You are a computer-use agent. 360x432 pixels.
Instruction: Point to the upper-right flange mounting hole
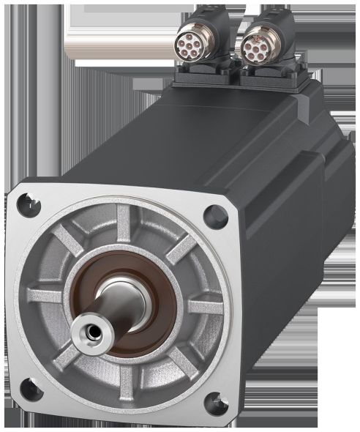point(214,214)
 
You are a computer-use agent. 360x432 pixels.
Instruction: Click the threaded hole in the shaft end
point(91,332)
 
